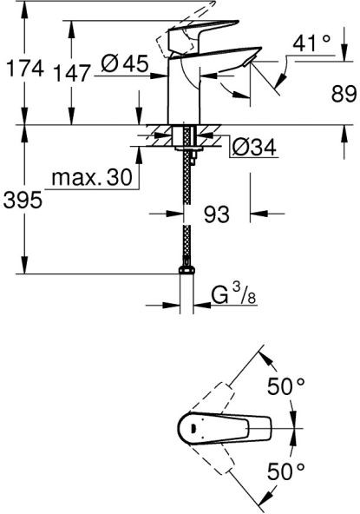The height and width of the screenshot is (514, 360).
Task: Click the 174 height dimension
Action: click(x=25, y=69)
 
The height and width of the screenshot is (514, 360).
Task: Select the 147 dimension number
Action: click(x=71, y=73)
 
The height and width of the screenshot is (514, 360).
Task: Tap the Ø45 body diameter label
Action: click(x=124, y=63)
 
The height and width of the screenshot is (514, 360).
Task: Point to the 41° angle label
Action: click(x=311, y=43)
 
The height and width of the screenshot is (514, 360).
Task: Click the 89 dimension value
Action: click(x=344, y=94)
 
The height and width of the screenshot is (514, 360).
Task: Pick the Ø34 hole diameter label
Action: click(x=254, y=148)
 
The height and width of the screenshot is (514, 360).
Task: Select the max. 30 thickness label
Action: click(x=92, y=177)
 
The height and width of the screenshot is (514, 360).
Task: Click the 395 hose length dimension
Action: click(x=23, y=200)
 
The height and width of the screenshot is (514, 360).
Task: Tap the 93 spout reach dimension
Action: click(x=217, y=214)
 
